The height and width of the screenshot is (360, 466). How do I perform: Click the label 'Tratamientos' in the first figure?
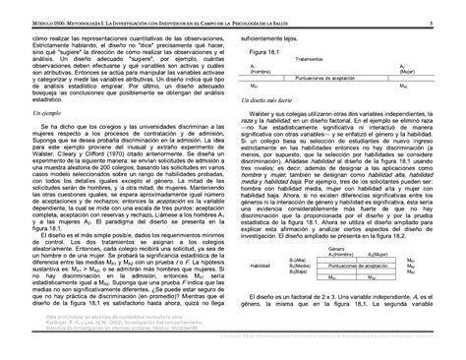(x=328, y=59)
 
